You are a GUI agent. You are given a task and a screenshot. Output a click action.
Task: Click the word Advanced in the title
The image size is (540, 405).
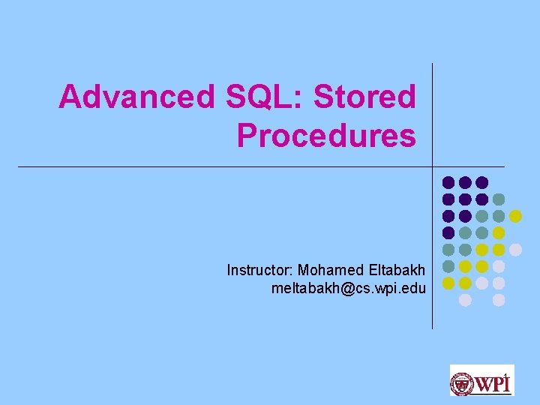(136, 97)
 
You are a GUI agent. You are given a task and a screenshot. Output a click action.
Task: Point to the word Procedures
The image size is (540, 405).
(325, 136)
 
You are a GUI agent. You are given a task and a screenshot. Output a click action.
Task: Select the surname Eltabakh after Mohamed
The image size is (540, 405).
(397, 270)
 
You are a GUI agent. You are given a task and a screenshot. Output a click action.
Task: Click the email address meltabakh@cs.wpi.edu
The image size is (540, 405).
(349, 288)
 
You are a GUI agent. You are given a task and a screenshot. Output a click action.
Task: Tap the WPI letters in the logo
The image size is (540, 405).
(493, 383)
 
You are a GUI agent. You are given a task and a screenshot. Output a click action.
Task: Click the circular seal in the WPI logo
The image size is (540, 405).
(461, 383)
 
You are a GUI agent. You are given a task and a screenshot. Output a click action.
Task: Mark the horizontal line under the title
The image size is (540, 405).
(225, 166)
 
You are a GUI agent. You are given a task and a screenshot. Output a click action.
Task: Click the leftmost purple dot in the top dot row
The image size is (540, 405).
(448, 182)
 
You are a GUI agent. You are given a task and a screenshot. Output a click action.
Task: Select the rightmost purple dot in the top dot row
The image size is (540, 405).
(482, 182)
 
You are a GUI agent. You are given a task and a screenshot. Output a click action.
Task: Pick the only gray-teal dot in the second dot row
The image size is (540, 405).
(499, 199)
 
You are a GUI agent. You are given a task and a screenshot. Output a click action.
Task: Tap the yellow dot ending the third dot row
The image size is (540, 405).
(515, 216)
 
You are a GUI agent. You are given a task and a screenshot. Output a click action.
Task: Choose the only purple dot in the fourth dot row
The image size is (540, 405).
(448, 232)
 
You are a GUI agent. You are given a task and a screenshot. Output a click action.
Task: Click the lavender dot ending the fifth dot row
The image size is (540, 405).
(515, 250)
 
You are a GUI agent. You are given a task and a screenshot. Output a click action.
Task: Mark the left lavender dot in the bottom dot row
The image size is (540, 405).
(465, 300)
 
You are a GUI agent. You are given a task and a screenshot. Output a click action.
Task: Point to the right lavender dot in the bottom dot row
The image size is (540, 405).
(499, 300)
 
